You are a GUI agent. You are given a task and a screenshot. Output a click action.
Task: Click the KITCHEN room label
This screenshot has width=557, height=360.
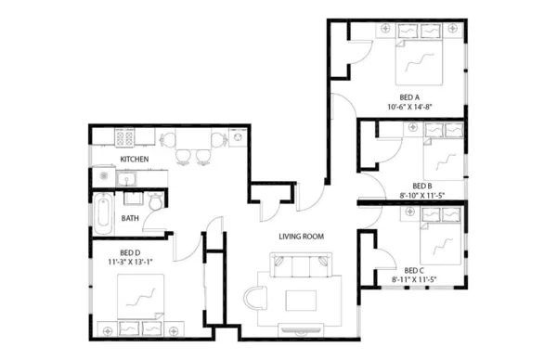[x=135, y=160]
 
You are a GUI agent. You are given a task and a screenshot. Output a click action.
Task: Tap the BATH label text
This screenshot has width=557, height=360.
[x=130, y=219]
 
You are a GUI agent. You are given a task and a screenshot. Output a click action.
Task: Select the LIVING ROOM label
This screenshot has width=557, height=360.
[x=301, y=237]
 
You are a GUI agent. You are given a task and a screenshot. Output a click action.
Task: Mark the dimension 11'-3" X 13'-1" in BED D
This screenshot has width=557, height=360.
[x=129, y=263]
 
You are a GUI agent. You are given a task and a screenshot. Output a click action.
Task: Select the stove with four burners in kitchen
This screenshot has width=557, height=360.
[x=125, y=139]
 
